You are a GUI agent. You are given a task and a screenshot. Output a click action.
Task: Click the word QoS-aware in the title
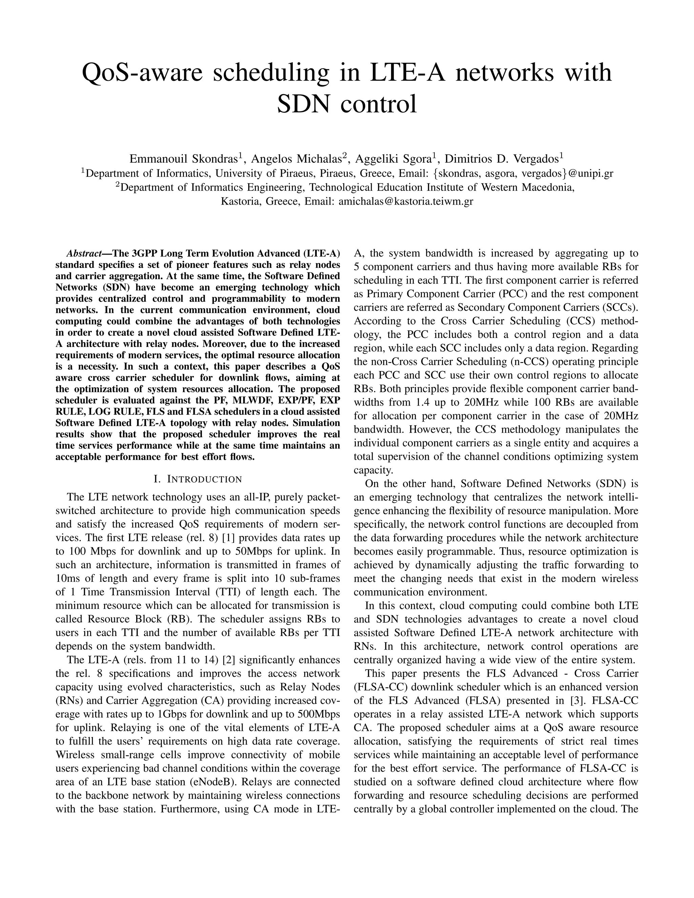pyautogui.click(x=141, y=73)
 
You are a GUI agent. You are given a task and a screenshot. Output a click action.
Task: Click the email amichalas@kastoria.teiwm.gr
pyautogui.click(x=405, y=202)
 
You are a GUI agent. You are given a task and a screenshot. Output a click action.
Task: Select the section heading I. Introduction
pyautogui.click(x=197, y=479)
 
